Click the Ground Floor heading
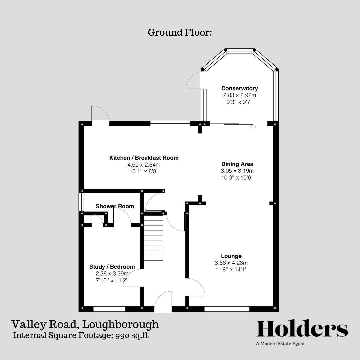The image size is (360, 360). [180, 33]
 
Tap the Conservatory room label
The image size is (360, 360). [239, 88]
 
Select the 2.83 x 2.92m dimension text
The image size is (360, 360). [239, 95]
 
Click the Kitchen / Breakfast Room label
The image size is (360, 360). [144, 158]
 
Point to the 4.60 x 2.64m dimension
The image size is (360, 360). [144, 165]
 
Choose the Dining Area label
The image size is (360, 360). [237, 164]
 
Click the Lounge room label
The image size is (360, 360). [231, 256]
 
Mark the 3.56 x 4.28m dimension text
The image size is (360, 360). [231, 263]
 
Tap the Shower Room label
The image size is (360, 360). [115, 206]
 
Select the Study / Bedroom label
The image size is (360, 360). [112, 267]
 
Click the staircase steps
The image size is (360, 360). [154, 238]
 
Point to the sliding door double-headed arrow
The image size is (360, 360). [253, 127]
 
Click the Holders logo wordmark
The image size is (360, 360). [302, 329]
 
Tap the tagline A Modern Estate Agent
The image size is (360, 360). [280, 344]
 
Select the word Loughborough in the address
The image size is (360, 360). [121, 324]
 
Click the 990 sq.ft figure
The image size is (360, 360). [132, 335]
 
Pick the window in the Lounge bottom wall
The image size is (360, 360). [227, 309]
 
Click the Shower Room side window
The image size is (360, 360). [81, 202]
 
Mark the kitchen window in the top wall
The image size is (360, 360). [170, 124]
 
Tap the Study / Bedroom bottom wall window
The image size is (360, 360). [109, 309]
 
